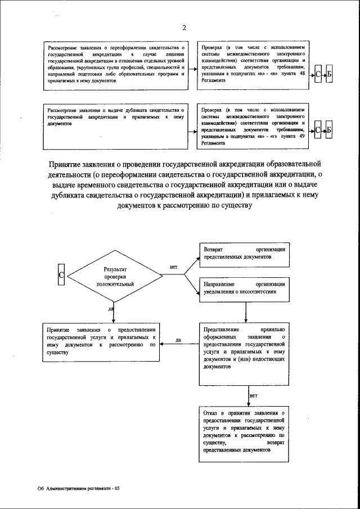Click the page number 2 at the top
tap(184, 29)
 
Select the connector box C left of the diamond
tap(62, 274)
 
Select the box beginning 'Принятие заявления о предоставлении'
tap(101, 341)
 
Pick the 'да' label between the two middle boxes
tap(178, 340)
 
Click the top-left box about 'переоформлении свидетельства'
tap(116, 65)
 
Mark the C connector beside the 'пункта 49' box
tap(318, 130)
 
